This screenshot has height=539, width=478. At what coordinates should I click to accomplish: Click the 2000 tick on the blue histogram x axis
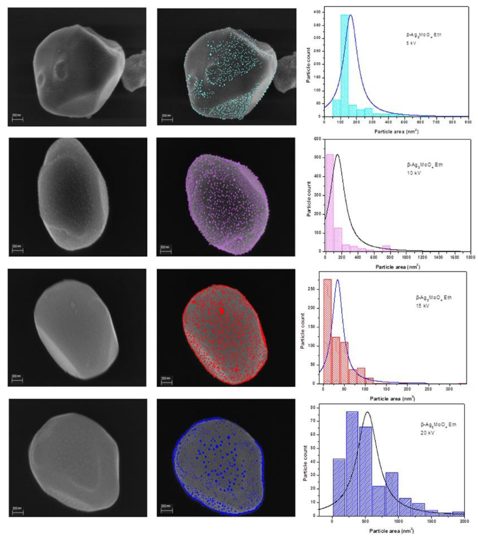coord(464,521)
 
